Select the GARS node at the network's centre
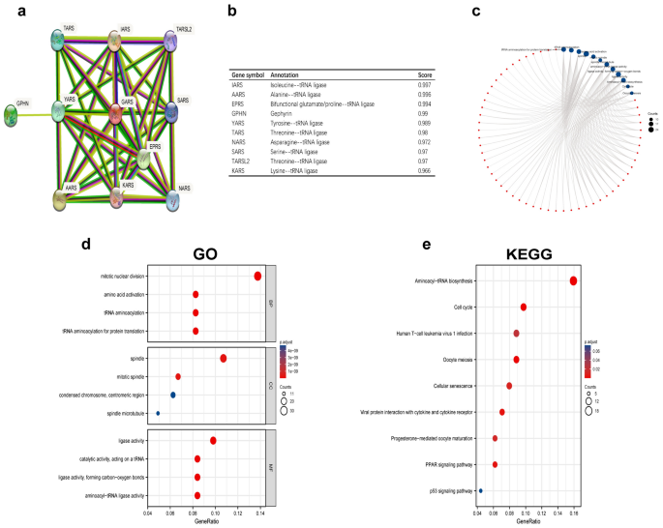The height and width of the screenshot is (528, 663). [x=115, y=113]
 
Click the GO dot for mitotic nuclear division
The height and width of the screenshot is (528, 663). [x=257, y=277]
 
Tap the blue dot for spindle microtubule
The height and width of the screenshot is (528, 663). [x=158, y=414]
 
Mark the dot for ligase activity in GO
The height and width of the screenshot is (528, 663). [x=213, y=441]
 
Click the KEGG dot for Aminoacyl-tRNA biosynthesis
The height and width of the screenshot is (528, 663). [x=574, y=281]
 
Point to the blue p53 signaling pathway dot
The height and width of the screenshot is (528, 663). [x=481, y=490]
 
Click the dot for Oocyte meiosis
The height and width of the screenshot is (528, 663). [x=517, y=360]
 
